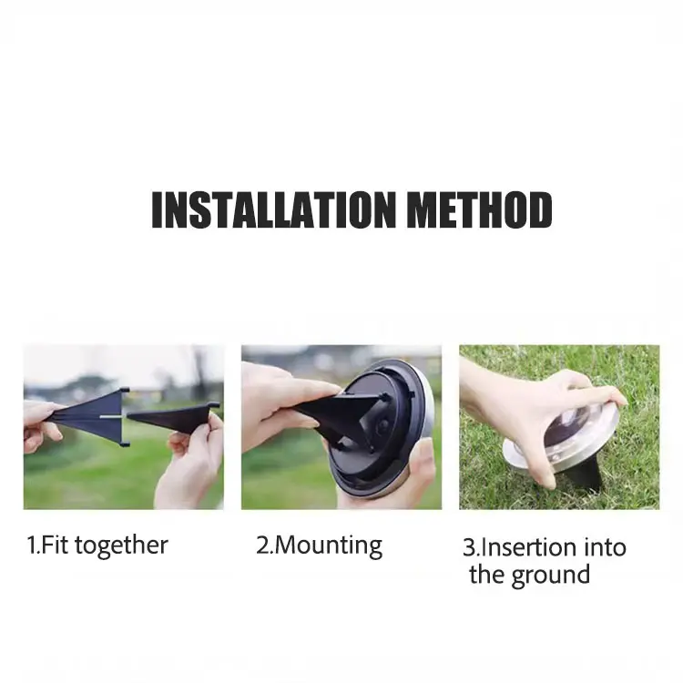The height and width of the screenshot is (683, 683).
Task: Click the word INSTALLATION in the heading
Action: pos(273,209)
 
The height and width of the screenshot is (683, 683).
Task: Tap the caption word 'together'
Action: pos(121,545)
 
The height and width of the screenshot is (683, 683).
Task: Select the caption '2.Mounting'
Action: pos(319,545)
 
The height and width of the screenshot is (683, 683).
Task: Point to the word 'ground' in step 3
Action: pos(551,576)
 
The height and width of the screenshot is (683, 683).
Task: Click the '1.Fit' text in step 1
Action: pos(48,545)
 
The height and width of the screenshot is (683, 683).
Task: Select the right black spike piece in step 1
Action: pos(173,416)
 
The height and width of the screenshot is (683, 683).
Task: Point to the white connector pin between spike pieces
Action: pos(112,416)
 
